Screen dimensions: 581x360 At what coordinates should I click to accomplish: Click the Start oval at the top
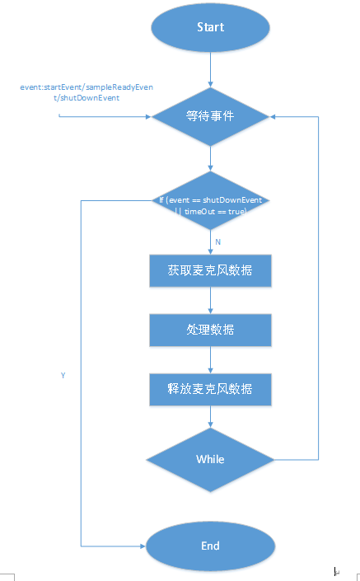210,27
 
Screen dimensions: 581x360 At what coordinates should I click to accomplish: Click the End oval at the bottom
210,546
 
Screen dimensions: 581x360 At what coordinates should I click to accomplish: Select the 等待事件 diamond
210,116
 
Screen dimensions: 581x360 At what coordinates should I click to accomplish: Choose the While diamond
210,458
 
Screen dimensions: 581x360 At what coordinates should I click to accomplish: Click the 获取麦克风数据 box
210,270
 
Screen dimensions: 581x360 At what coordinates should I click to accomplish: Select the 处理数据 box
210,330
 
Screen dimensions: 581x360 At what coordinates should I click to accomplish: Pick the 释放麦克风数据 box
210,389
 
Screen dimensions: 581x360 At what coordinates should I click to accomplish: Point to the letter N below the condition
217,241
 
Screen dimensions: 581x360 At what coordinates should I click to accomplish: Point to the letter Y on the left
63,374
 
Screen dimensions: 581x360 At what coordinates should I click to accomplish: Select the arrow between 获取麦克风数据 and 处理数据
210,300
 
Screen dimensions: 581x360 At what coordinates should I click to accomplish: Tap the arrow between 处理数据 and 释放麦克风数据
210,359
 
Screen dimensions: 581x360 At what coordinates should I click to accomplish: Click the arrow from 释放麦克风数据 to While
210,417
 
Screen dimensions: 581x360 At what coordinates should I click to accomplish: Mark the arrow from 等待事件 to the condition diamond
210,158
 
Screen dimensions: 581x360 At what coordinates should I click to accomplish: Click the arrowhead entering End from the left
142,546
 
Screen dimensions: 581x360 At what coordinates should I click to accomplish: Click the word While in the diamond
210,458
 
